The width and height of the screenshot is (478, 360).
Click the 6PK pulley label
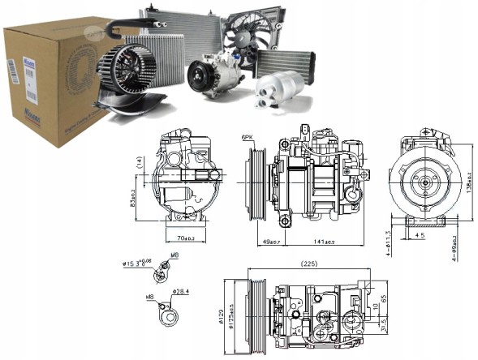pos(247,138)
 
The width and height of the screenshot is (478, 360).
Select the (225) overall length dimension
pos(309,263)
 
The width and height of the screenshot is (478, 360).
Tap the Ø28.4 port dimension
pos(179,290)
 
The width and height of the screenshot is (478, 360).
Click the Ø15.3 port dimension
pos(134,262)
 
